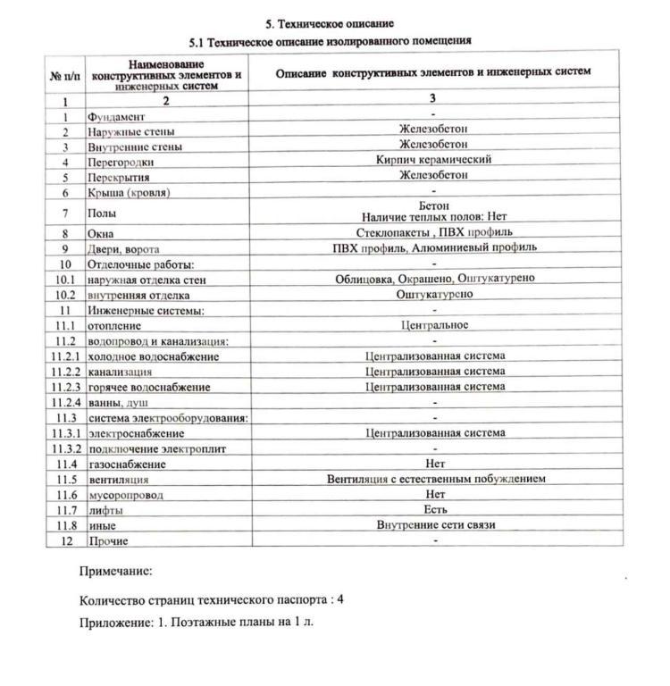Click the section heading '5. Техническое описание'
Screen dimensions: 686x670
tap(330, 23)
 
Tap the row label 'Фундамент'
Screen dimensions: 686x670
tap(116, 117)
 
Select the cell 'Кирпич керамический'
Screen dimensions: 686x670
tap(433, 160)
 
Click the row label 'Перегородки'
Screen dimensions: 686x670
tap(121, 163)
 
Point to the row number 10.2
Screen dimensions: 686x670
tap(65, 294)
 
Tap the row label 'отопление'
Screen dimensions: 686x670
tap(114, 325)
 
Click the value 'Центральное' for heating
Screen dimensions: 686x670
tap(434, 324)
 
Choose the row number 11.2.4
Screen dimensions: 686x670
tap(65, 402)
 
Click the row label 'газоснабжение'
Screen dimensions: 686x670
tap(127, 464)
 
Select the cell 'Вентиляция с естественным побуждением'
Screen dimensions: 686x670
tap(435, 479)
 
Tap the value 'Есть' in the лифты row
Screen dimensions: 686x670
tap(435, 509)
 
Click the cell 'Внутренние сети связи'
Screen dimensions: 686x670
tap(435, 524)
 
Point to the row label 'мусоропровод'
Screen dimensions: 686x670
tap(126, 495)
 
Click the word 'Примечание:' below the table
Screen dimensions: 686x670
tap(115, 570)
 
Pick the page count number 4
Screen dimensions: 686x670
tap(340, 598)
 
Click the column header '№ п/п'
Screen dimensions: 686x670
tap(65, 77)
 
